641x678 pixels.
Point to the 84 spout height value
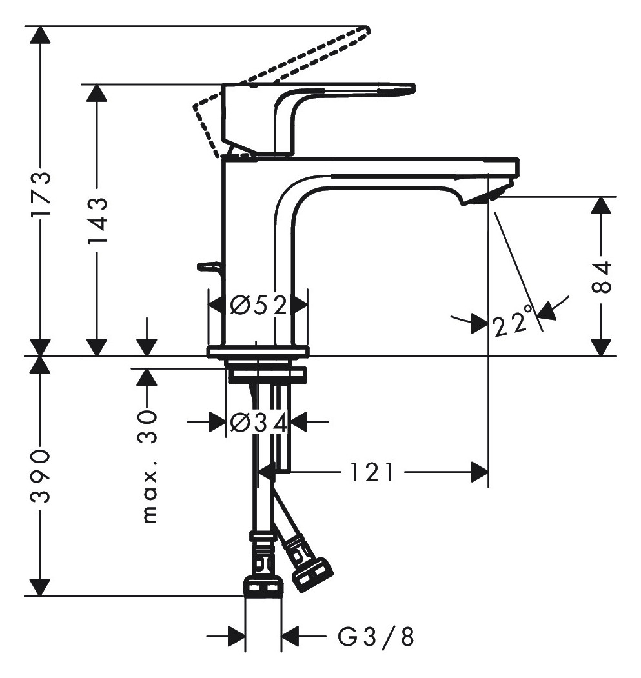[601, 277]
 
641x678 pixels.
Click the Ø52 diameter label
[258, 306]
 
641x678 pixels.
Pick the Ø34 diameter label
[258, 423]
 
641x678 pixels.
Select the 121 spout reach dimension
[371, 472]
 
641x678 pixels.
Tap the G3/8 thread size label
[376, 637]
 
